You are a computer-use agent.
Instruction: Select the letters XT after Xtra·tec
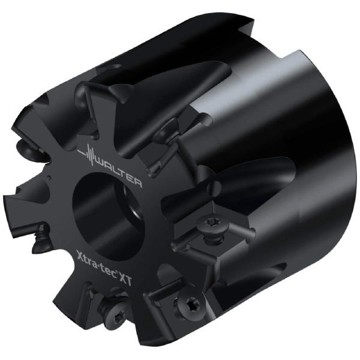tap(127, 279)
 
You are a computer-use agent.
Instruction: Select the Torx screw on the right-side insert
tap(211, 223)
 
